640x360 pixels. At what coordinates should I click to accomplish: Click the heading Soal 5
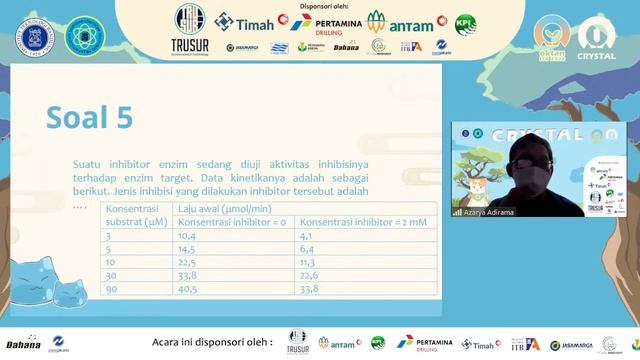pyautogui.click(x=89, y=117)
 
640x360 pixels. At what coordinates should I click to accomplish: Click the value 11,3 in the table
pyautogui.click(x=310, y=262)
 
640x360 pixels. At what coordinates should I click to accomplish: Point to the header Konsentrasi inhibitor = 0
pyautogui.click(x=232, y=221)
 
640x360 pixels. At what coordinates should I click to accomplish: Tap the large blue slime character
pyautogui.click(x=36, y=269)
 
